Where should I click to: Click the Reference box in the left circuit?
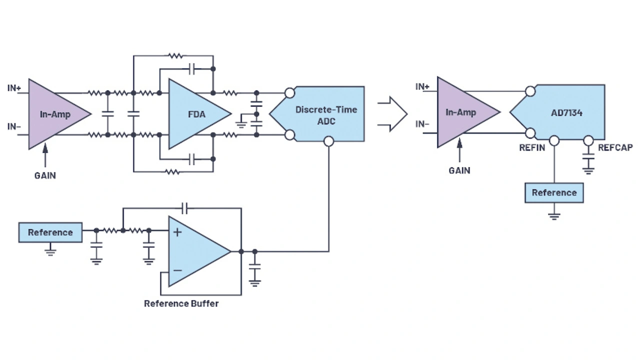click(x=50, y=232)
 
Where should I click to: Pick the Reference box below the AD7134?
click(x=554, y=192)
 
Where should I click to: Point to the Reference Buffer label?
click(x=181, y=303)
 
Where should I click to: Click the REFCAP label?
click(x=615, y=148)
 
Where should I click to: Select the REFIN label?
click(x=532, y=148)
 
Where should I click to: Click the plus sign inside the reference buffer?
click(x=177, y=231)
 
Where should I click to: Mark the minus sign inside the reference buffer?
click(x=177, y=270)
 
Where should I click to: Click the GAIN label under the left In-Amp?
click(x=45, y=175)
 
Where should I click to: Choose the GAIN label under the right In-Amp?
click(x=459, y=170)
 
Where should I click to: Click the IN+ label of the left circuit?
click(x=14, y=88)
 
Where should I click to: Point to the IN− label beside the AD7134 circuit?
click(x=422, y=124)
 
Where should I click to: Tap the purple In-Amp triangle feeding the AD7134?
click(x=462, y=112)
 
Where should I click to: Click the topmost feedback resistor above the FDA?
click(x=174, y=56)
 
